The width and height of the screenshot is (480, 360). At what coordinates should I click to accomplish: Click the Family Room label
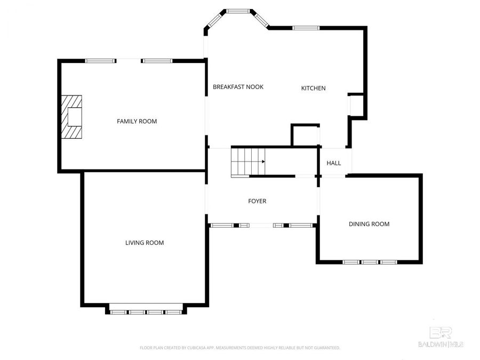click(x=137, y=122)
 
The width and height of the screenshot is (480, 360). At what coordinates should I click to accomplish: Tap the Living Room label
click(x=144, y=243)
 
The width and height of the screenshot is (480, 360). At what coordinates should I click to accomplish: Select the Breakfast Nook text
click(x=238, y=87)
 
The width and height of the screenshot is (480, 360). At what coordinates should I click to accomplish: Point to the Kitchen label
click(x=313, y=89)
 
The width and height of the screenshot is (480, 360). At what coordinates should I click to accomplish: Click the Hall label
click(x=333, y=163)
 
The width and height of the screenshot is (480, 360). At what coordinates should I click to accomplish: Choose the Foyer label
click(x=257, y=202)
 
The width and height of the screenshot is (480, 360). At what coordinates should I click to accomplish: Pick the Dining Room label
click(x=369, y=224)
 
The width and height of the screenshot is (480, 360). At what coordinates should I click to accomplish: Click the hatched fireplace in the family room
click(x=71, y=117)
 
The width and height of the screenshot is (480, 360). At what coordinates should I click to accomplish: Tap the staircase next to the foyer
click(x=248, y=162)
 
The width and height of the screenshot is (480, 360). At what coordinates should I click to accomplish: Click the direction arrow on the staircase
click(x=262, y=161)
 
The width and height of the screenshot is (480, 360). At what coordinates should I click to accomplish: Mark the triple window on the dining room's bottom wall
click(x=370, y=262)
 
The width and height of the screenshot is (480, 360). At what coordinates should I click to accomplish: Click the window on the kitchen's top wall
click(x=306, y=28)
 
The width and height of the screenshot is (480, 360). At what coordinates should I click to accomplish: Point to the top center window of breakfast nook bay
click(x=238, y=11)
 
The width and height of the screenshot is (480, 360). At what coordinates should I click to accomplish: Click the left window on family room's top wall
click(x=101, y=61)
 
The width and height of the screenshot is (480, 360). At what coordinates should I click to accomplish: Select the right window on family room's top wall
click(x=157, y=61)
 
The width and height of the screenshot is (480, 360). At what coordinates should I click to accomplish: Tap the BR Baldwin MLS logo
click(x=440, y=337)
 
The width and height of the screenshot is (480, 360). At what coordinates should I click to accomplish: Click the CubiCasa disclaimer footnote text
click(x=239, y=348)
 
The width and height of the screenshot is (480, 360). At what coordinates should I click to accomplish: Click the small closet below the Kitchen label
click(x=305, y=135)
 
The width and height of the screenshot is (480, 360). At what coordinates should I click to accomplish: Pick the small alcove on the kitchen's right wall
click(x=356, y=105)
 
